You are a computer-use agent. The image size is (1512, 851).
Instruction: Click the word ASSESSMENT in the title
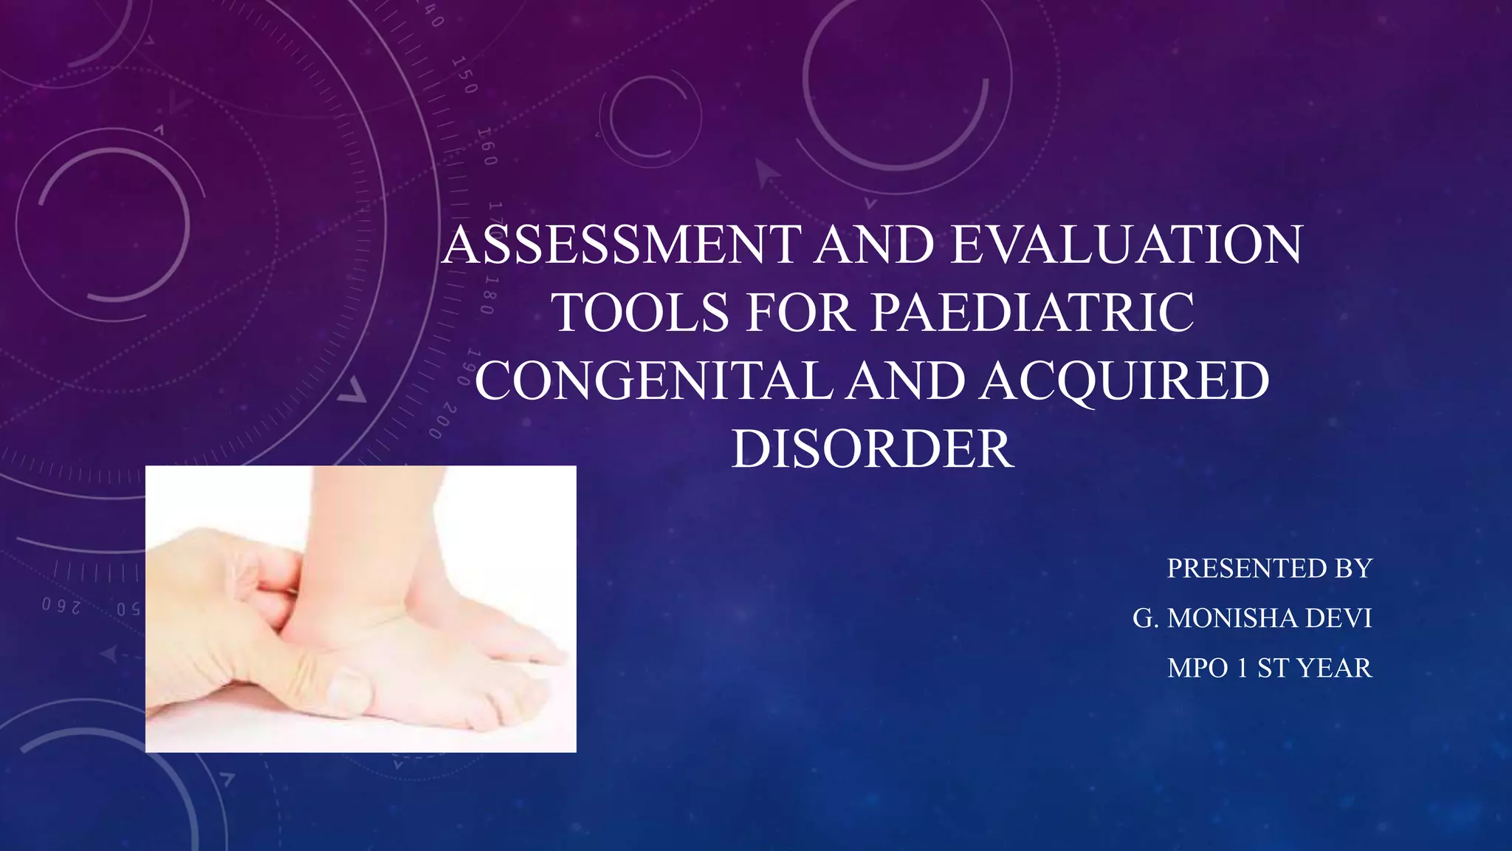622,245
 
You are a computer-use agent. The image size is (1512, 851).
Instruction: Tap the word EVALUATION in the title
1127,245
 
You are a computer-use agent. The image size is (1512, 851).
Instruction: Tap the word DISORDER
873,449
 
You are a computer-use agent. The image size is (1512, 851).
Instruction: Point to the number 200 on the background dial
444,421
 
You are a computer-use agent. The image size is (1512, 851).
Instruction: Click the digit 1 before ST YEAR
1242,669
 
